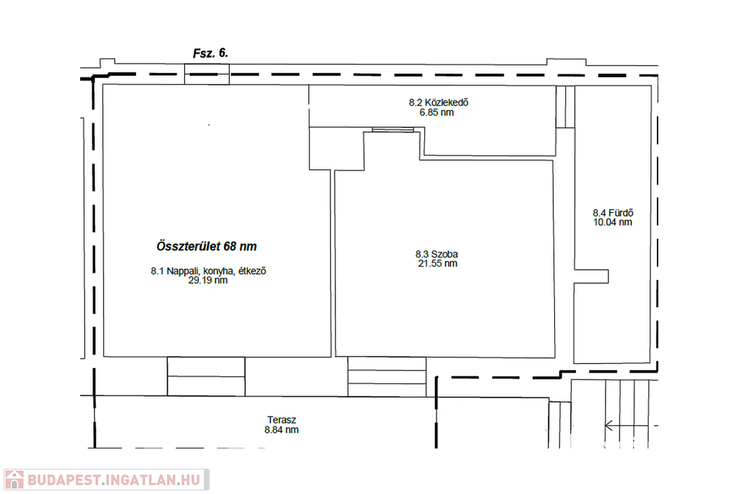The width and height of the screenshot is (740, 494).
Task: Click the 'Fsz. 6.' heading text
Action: pos(210,54)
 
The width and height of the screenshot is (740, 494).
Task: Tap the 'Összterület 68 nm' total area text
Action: pos(207,247)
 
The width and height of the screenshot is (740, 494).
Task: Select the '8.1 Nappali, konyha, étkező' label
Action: pos(208,271)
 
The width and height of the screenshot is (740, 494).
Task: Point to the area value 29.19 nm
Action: pos(208,280)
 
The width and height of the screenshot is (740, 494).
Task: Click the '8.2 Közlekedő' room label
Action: pos(439,103)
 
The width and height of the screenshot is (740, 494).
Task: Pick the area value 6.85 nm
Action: pos(436,112)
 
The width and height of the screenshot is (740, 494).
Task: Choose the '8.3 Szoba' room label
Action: pos(436,254)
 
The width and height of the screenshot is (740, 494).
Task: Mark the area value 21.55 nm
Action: pos(437,263)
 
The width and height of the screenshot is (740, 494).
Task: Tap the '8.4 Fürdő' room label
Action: pos(613,213)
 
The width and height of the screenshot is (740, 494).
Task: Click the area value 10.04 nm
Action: pos(613,223)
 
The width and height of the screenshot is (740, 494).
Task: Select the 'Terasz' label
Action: pos(282,420)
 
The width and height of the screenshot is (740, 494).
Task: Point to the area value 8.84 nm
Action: pos(282,430)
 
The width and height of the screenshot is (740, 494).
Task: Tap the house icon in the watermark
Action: pos(14,480)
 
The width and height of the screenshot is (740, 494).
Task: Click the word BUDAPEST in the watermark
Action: pos(64,480)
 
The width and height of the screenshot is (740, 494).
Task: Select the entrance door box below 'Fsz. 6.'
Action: pos(207,74)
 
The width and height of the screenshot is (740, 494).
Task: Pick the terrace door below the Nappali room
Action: pos(206,376)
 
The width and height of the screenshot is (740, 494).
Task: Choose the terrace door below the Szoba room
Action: pos(387,376)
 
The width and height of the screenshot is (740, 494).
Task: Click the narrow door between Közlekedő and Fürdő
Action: pos(565,107)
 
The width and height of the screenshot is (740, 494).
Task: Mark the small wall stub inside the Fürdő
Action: pos(591,277)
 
